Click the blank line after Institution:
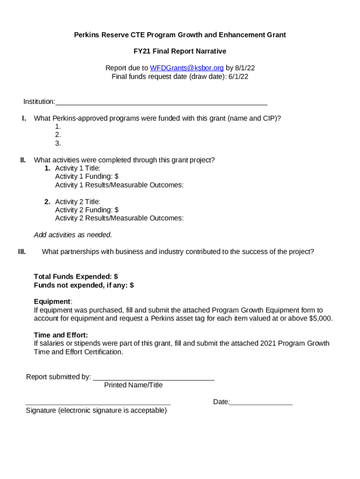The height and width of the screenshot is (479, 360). point(161,102)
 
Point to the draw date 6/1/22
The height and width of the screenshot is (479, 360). point(238,77)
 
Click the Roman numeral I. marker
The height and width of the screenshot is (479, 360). point(24,118)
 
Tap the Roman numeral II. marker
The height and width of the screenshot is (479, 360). point(23,160)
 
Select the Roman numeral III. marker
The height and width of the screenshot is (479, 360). point(22,252)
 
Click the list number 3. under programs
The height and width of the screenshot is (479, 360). point(58,144)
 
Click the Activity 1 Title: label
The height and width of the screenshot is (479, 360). point(78,168)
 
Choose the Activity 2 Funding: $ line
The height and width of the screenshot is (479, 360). point(86,210)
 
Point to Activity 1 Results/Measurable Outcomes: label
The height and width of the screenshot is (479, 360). point(119,185)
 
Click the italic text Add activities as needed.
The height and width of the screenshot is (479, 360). point(73,235)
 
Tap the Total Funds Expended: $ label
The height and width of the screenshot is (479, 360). point(76,277)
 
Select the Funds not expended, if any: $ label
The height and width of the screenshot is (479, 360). point(84,285)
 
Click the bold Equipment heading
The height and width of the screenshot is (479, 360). point(52,302)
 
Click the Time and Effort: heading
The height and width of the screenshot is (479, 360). point(61,335)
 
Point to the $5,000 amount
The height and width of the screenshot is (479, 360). point(321,319)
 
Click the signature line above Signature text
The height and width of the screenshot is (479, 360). point(98,403)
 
